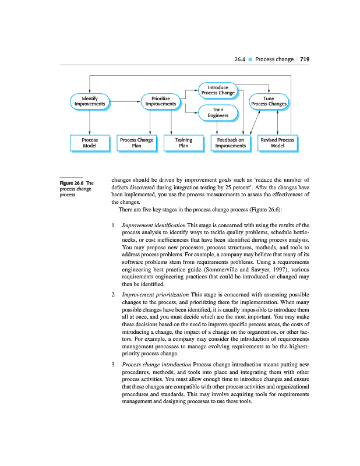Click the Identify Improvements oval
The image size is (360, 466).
point(89,101)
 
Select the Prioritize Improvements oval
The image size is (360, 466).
point(160,101)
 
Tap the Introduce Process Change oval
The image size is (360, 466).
point(217,90)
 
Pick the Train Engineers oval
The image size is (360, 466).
point(217,112)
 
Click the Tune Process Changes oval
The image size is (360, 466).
point(269,101)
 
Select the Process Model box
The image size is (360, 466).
point(89,143)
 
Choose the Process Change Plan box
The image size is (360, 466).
point(136,143)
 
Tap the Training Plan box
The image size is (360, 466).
point(183,143)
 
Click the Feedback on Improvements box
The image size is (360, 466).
point(230,143)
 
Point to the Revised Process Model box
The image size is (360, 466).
point(278,143)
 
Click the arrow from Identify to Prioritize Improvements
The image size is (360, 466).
point(125,101)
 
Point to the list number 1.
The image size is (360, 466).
point(113,225)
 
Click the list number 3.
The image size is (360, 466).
point(113,365)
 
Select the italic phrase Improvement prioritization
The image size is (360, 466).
point(155,295)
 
